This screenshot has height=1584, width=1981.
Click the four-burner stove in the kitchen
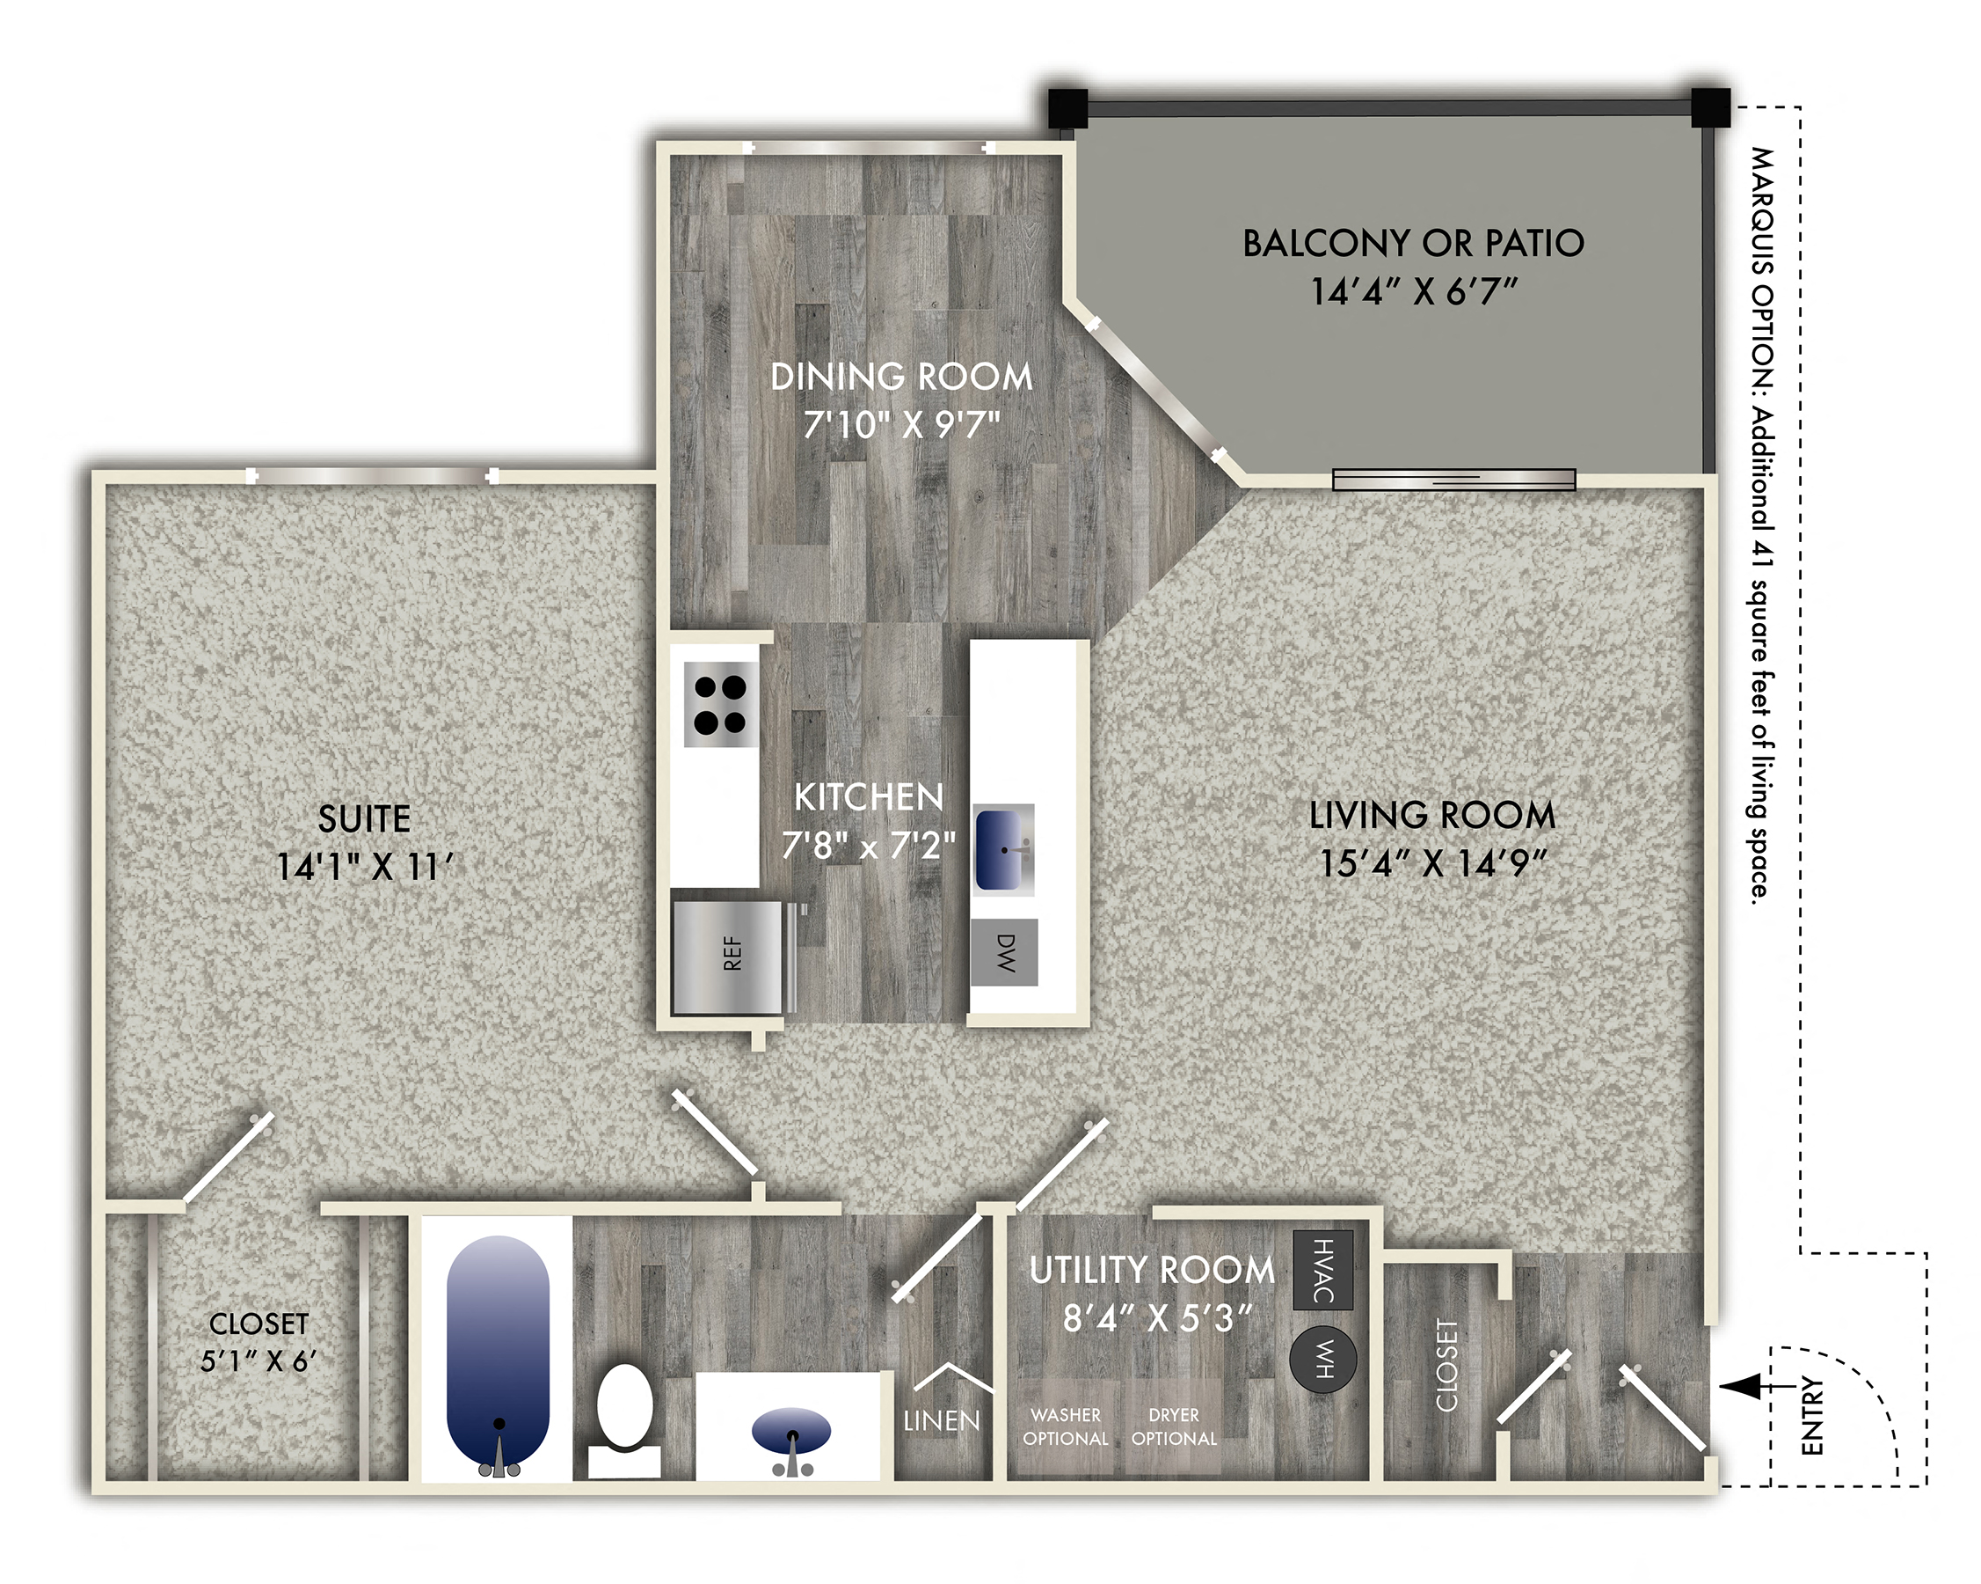tap(720, 704)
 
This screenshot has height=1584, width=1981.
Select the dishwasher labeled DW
tap(1004, 952)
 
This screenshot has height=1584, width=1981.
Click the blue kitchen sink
tap(1002, 848)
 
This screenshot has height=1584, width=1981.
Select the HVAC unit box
tap(1322, 1270)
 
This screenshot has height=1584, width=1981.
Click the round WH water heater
tap(1322, 1359)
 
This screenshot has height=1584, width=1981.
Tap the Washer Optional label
tap(1065, 1426)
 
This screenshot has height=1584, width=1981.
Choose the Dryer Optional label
tap(1173, 1426)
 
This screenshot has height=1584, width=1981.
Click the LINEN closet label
tap(941, 1421)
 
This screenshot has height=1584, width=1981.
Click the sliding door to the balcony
tap(1453, 479)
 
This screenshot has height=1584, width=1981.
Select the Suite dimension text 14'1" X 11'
tap(365, 866)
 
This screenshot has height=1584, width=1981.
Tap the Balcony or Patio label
tap(1412, 244)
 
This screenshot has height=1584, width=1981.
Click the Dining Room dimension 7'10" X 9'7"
tap(900, 425)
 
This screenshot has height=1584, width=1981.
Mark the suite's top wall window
tap(372, 475)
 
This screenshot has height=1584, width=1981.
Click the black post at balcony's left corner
tap(1067, 108)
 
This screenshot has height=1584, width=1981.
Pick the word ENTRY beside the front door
tap(1811, 1415)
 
